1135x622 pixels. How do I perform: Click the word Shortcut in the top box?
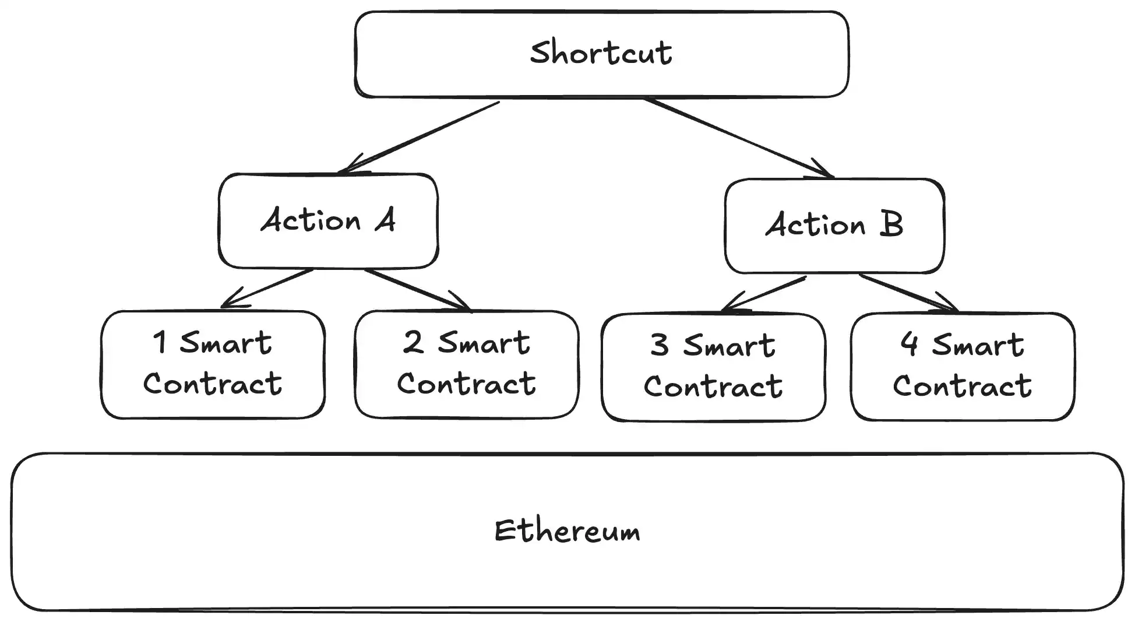click(x=601, y=52)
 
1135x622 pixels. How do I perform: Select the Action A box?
click(x=328, y=221)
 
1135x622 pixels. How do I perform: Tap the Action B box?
click(x=834, y=226)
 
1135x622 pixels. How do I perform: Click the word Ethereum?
click(x=567, y=530)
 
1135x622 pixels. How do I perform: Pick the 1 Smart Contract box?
click(x=213, y=364)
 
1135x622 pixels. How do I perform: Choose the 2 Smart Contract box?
click(x=466, y=364)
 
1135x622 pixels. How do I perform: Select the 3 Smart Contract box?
click(x=713, y=367)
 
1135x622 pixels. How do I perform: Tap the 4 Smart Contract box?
click(x=963, y=367)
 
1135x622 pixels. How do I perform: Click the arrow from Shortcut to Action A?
click(x=418, y=138)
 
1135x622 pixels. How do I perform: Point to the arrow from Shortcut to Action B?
click(x=739, y=138)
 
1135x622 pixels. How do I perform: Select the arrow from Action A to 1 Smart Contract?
click(x=267, y=289)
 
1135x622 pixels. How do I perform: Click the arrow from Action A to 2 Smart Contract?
click(x=417, y=290)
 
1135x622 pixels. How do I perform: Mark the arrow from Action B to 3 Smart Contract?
click(x=763, y=294)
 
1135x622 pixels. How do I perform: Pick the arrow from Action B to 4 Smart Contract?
click(x=908, y=293)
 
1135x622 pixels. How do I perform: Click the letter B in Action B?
click(x=891, y=224)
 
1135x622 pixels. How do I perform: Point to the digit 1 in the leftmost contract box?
click(x=160, y=342)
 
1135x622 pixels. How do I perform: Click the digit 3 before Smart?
click(x=660, y=345)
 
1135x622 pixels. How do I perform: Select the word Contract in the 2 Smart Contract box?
click(x=466, y=384)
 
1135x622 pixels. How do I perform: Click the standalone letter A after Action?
click(x=386, y=220)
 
